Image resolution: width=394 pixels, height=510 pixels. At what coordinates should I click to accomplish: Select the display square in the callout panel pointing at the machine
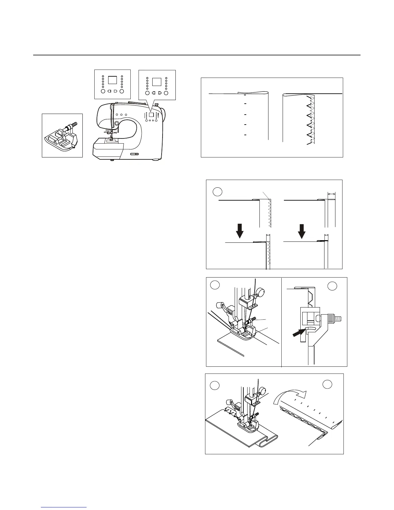tap(156, 81)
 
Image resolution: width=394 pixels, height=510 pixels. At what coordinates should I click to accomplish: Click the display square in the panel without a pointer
tap(112, 80)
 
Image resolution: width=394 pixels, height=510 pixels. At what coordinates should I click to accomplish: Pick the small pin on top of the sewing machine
tap(155, 104)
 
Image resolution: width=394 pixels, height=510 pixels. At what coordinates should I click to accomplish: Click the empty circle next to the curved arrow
tap(328, 384)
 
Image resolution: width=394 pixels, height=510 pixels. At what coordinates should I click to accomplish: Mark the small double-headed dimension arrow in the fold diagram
tap(331, 194)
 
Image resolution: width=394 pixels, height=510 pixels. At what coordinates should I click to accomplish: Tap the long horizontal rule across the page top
tap(197, 55)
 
